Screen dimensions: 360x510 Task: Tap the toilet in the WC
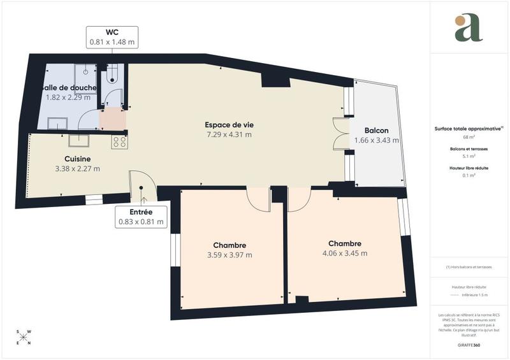tap(113, 76)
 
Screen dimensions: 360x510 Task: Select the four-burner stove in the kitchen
tap(119, 142)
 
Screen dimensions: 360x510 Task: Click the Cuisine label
tap(77, 159)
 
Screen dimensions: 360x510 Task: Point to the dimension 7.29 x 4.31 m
tap(228, 134)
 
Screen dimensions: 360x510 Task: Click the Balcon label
tap(377, 131)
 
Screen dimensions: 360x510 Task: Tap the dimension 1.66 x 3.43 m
tap(377, 140)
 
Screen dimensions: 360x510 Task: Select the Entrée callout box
tap(141, 217)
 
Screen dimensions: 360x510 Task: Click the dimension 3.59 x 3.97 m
tap(229, 255)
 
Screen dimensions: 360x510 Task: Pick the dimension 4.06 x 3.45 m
tap(345, 253)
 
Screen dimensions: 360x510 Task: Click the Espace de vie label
tap(228, 125)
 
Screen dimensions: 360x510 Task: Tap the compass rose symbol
tap(29, 336)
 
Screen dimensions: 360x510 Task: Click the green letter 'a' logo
tap(469, 27)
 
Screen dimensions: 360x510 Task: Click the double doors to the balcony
tap(338, 134)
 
